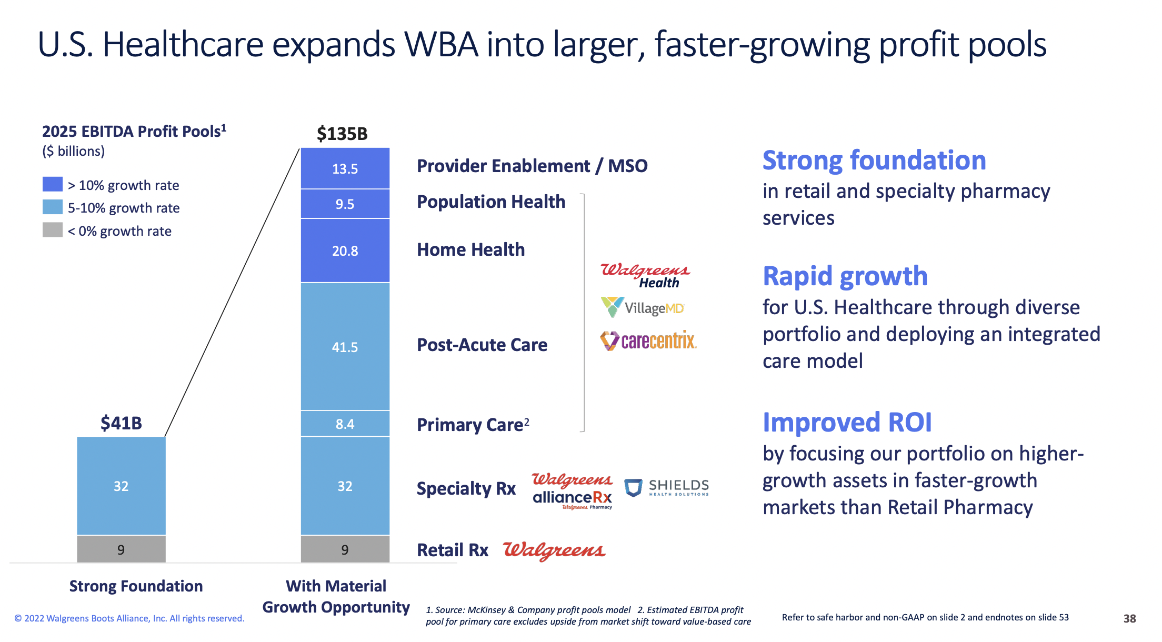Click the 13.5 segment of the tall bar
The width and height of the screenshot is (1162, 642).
(x=345, y=168)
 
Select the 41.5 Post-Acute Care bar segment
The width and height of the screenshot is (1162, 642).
(x=345, y=347)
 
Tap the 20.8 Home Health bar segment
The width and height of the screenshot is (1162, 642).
(x=345, y=250)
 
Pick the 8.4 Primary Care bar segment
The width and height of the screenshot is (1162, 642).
(x=345, y=424)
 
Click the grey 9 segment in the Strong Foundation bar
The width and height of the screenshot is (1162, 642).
(x=121, y=549)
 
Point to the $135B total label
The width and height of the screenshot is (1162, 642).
(x=342, y=134)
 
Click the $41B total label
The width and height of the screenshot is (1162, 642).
(x=121, y=423)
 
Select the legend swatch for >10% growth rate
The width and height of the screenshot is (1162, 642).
(x=52, y=184)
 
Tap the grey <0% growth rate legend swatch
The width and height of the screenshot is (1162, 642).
(x=52, y=230)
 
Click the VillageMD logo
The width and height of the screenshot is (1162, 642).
(x=643, y=307)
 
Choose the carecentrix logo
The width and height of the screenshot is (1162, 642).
(x=648, y=341)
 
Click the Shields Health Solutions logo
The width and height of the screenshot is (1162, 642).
(x=666, y=487)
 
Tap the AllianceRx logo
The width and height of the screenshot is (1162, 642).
(x=573, y=491)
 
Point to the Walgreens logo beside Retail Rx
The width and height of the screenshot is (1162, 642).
(x=554, y=550)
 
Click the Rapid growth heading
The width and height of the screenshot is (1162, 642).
(x=845, y=276)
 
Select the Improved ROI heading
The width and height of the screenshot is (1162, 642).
(x=847, y=422)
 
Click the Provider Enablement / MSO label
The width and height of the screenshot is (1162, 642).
(x=532, y=166)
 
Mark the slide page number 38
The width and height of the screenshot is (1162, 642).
(x=1129, y=618)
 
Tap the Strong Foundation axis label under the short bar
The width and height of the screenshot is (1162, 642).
(x=136, y=586)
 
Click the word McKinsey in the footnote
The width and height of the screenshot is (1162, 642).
(x=487, y=610)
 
